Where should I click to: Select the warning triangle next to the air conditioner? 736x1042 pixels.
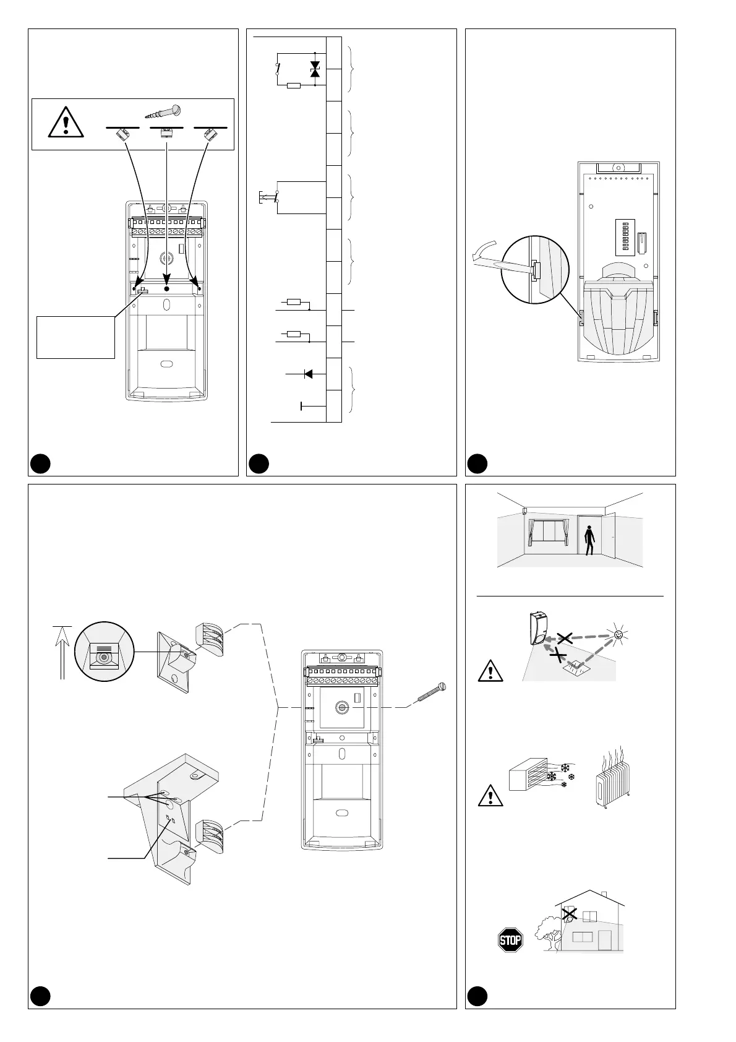coord(490,795)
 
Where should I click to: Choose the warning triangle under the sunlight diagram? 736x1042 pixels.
coord(490,671)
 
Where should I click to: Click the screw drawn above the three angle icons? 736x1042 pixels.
coord(166,112)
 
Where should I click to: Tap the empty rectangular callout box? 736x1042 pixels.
coord(75,337)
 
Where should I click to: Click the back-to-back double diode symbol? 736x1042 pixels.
coord(315,69)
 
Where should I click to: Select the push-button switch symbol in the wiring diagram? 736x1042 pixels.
coord(270,197)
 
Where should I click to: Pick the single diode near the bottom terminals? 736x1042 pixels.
coord(308,374)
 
